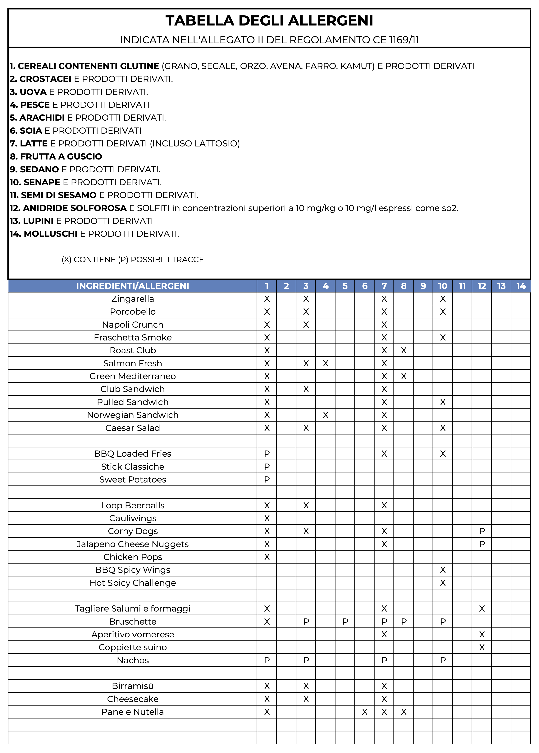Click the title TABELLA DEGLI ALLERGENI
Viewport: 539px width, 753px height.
tap(269, 21)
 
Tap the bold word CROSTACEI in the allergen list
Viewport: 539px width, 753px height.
tap(45, 79)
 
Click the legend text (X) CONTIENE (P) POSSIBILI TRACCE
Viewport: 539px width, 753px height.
tap(133, 260)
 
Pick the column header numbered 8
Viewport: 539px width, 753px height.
tap(404, 286)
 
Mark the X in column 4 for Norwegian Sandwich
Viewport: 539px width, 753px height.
tap(325, 415)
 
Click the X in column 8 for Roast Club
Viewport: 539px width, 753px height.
tap(404, 350)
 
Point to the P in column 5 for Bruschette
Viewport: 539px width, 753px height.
tap(345, 621)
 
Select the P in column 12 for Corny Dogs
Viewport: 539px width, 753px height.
tap(482, 531)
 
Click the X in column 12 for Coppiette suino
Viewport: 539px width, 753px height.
tap(482, 647)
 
